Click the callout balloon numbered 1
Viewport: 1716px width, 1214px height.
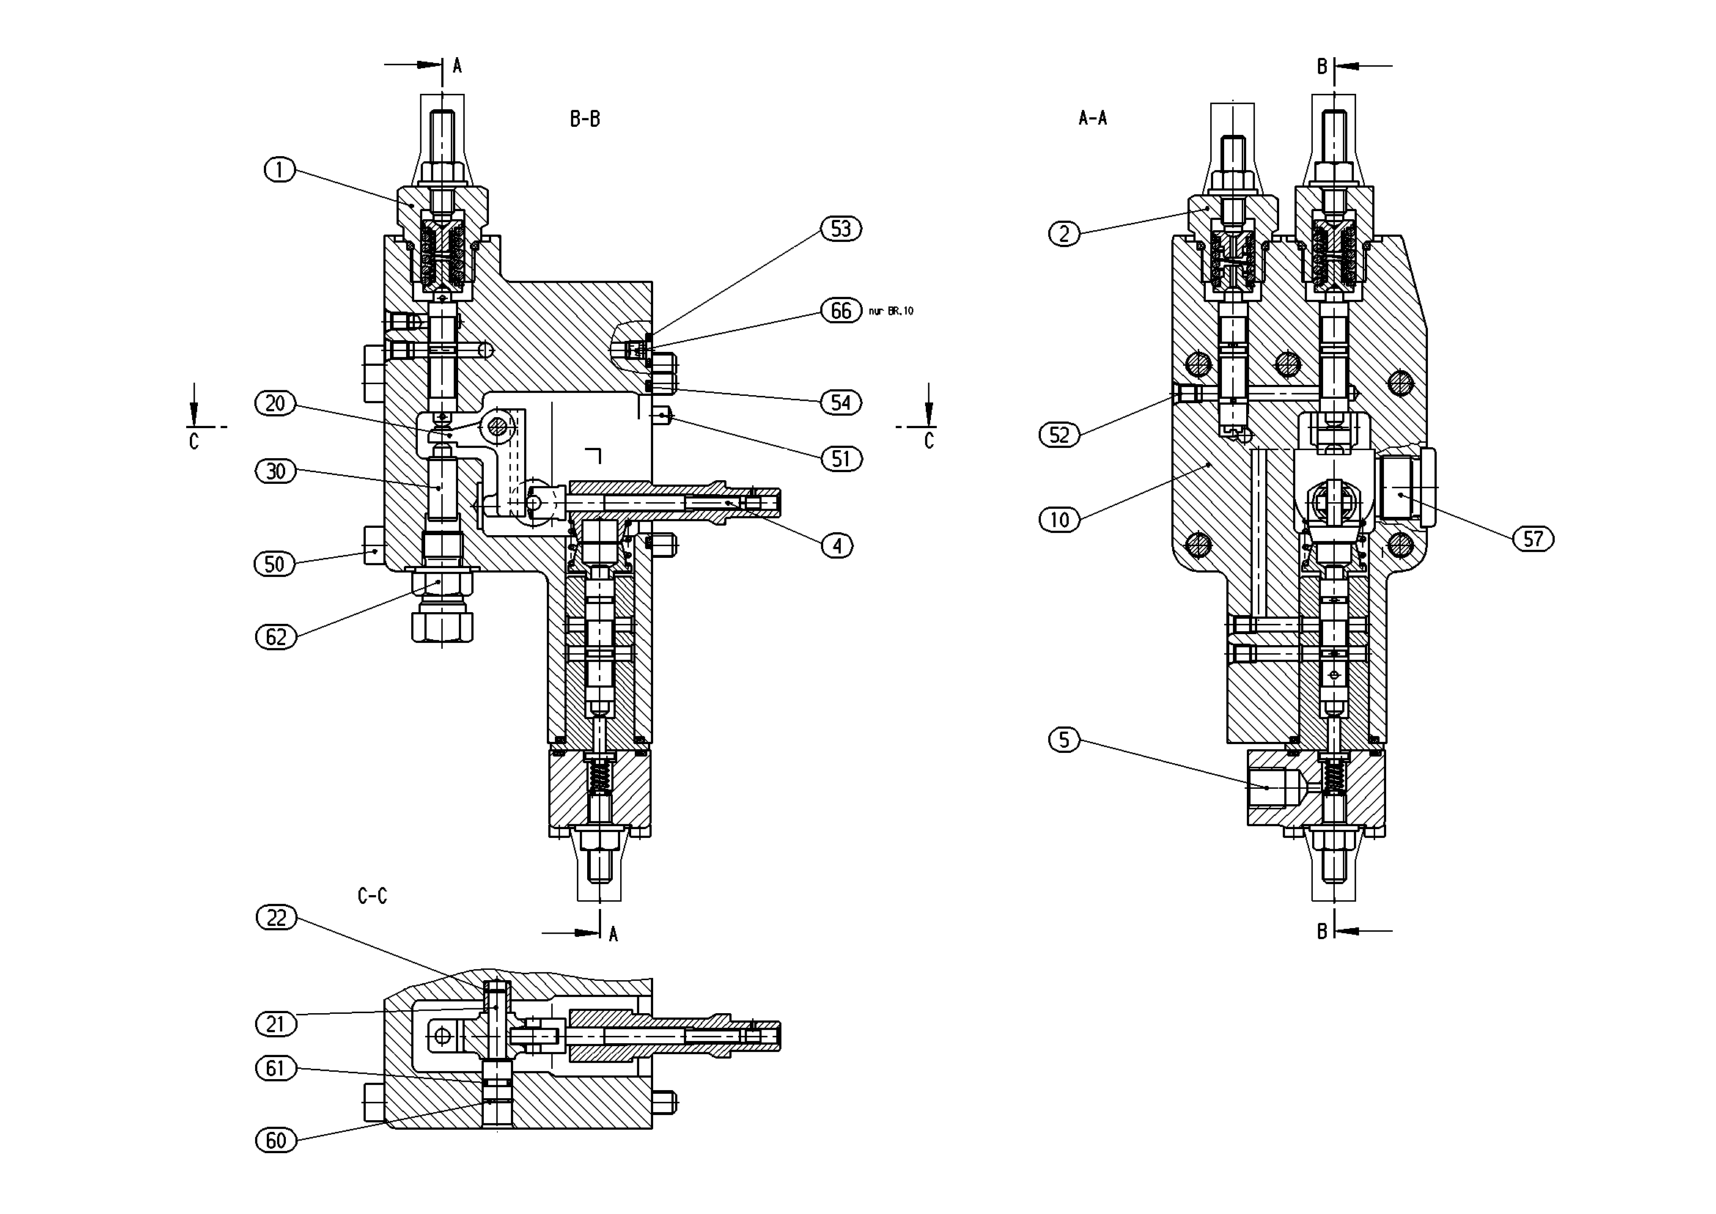pos(279,170)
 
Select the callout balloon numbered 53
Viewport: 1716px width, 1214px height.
pos(841,229)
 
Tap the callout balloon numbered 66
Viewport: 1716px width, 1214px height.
pos(841,310)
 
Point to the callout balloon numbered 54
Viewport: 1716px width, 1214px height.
pos(841,403)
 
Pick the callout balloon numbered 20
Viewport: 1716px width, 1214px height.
pos(276,404)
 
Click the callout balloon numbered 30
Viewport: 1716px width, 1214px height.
pos(276,471)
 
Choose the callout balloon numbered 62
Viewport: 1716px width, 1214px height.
pos(276,637)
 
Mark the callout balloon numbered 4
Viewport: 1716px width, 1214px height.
pos(837,545)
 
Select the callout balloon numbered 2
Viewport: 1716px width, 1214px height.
pos(1064,234)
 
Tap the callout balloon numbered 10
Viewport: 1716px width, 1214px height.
pos(1060,520)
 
